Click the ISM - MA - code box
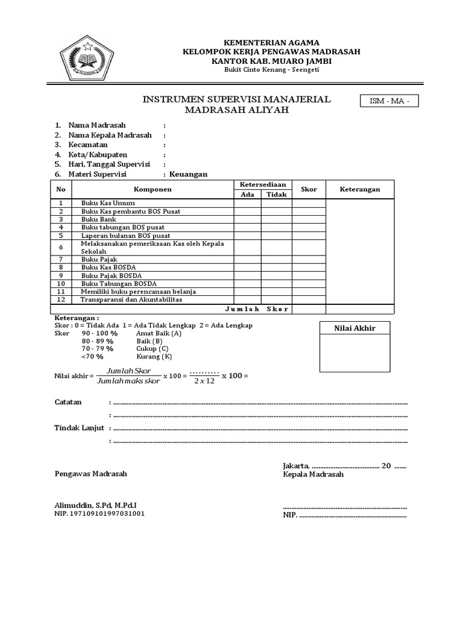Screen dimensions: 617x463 point(388,102)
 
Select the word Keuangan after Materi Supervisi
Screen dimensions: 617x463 point(188,174)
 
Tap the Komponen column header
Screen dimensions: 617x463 point(153,189)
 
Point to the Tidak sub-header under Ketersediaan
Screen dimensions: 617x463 point(276,195)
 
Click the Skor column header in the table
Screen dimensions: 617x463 point(309,189)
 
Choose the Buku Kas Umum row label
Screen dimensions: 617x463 point(108,203)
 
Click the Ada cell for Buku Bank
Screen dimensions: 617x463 point(247,220)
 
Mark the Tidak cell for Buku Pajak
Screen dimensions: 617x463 point(276,258)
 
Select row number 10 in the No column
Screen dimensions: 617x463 point(61,283)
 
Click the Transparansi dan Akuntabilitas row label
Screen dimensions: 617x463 point(131,299)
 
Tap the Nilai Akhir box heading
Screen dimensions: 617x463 point(355,328)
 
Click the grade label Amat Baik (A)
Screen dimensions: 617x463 point(159,333)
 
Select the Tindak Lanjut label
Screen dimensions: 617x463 point(80,428)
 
